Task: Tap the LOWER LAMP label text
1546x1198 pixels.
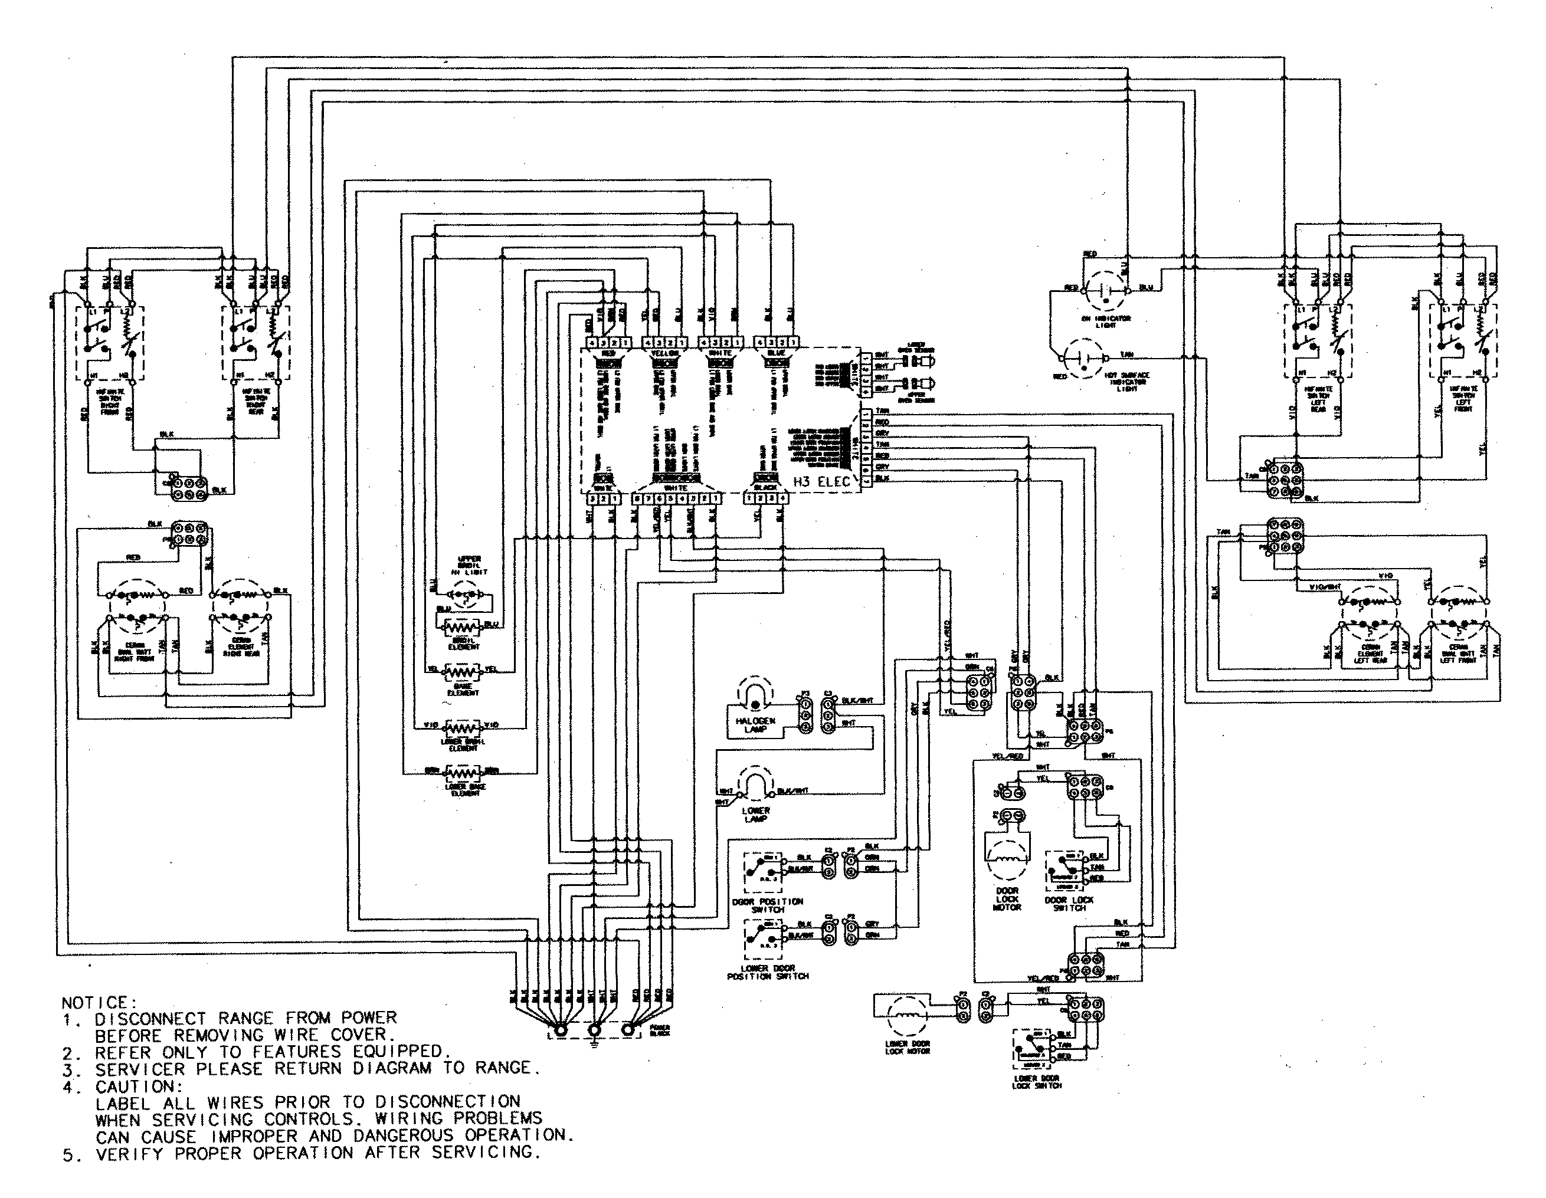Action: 755,815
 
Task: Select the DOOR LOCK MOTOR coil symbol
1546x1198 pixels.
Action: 1006,864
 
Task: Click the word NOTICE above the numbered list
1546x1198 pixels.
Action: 95,1003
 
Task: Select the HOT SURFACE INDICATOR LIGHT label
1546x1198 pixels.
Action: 1126,382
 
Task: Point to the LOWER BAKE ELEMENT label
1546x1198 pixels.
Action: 464,790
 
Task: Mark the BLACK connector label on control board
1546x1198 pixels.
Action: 765,488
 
